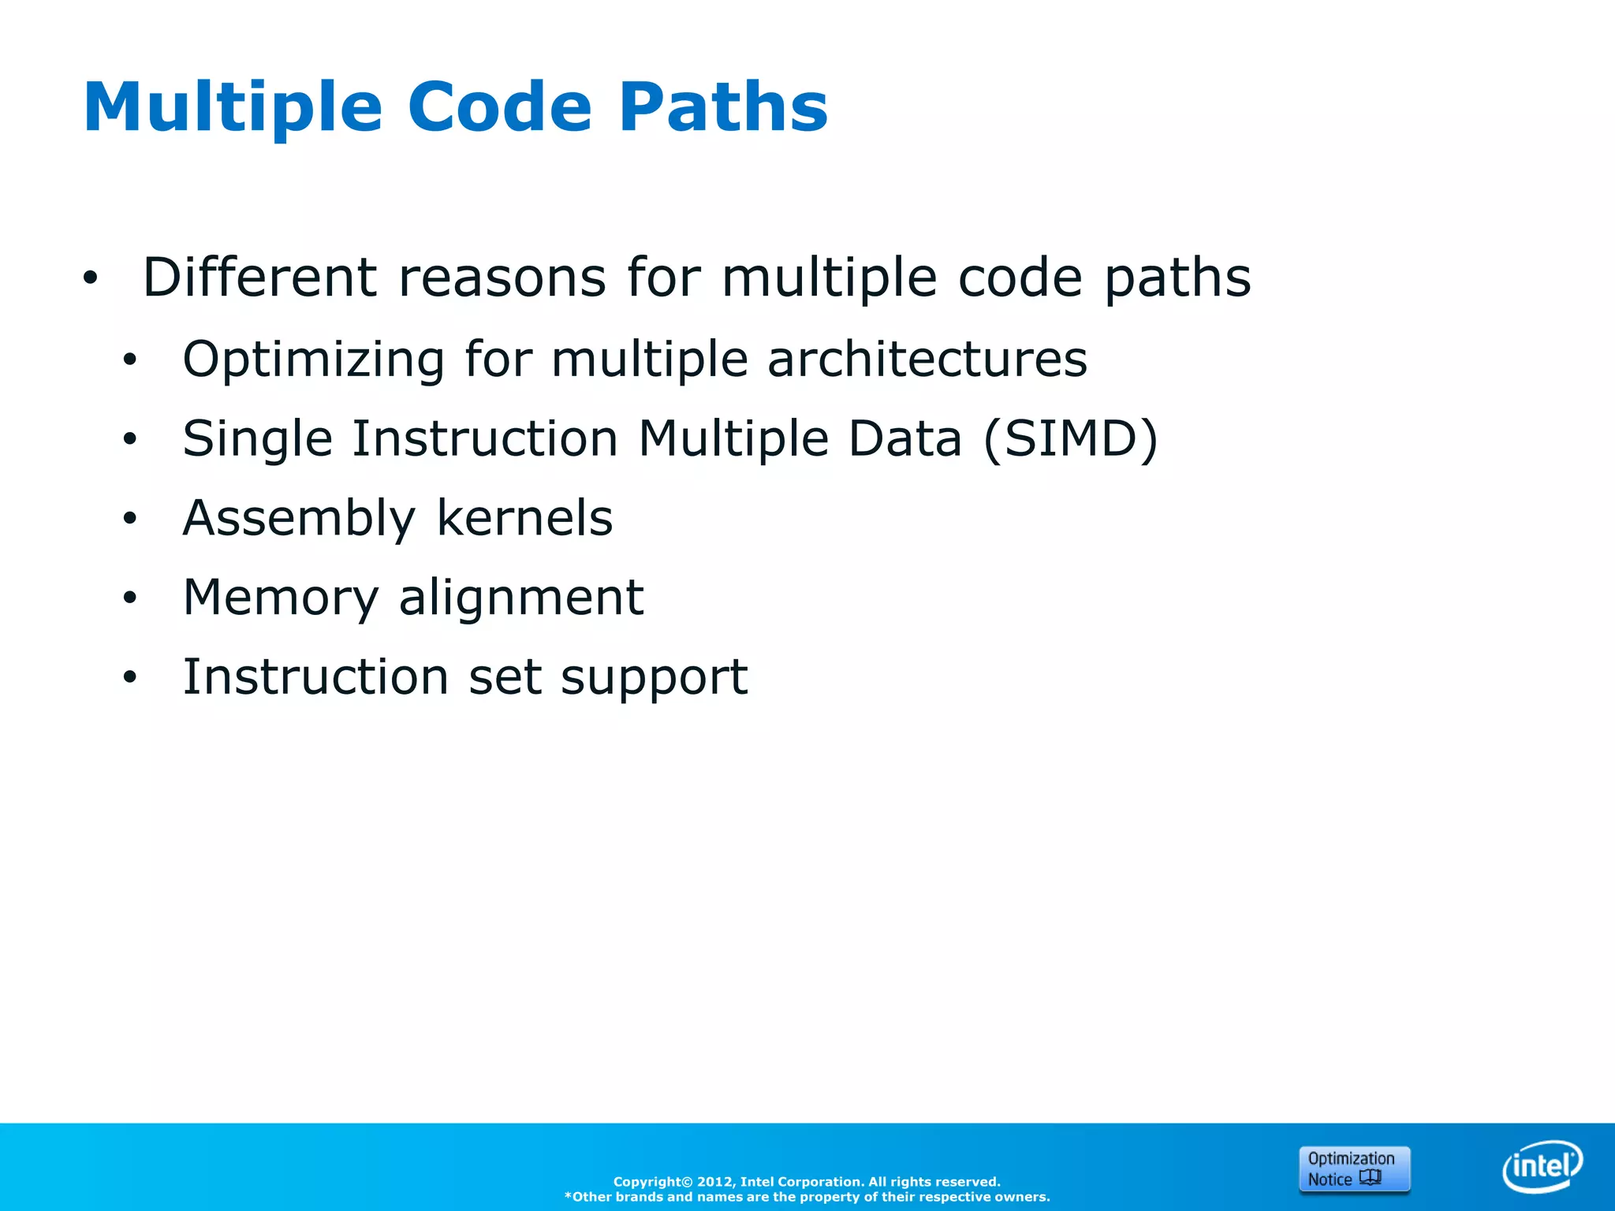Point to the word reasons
coord(502,279)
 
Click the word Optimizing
coord(314,360)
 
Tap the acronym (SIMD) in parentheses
coord(1071,439)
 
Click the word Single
coord(257,440)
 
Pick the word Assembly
coord(298,520)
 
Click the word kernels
coord(524,518)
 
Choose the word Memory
coord(281,598)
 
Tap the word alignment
coord(521,598)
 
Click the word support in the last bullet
coord(654,678)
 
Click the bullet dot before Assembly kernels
coord(130,519)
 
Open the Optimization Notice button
coord(1354,1169)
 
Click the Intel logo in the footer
coord(1542,1165)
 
